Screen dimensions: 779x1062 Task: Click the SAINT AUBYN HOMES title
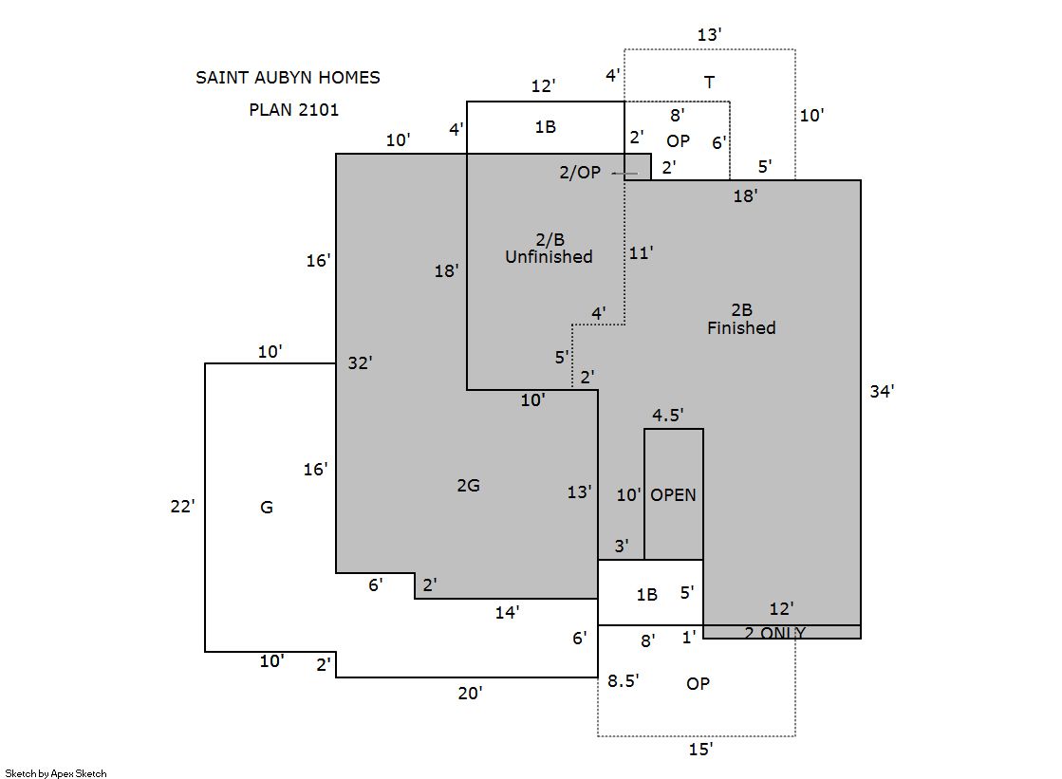pyautogui.click(x=288, y=78)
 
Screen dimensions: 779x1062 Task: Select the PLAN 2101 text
pyautogui.click(x=293, y=109)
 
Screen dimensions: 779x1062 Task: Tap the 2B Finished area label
pyautogui.click(x=741, y=319)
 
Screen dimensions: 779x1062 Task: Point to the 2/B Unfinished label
pyautogui.click(x=549, y=248)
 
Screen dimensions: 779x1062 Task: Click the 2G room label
pyautogui.click(x=468, y=486)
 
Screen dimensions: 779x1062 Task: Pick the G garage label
pyautogui.click(x=267, y=508)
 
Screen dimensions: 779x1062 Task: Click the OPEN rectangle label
pyautogui.click(x=673, y=495)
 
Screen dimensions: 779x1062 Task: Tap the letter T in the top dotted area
pyautogui.click(x=709, y=83)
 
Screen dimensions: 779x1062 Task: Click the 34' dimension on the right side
pyautogui.click(x=882, y=391)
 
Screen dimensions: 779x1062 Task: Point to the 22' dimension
pyautogui.click(x=182, y=507)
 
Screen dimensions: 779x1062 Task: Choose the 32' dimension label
pyautogui.click(x=360, y=362)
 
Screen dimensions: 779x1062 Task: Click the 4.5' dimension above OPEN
pyautogui.click(x=667, y=415)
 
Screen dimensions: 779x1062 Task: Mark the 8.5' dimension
pyautogui.click(x=624, y=680)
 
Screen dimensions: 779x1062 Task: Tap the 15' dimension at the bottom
pyautogui.click(x=700, y=751)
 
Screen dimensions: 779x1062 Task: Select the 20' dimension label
pyautogui.click(x=470, y=694)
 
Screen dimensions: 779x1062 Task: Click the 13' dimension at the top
pyautogui.click(x=709, y=35)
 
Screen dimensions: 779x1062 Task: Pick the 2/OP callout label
pyautogui.click(x=579, y=173)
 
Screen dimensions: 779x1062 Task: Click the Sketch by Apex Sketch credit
pyautogui.click(x=56, y=773)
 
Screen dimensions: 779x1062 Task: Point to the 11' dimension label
pyautogui.click(x=642, y=253)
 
